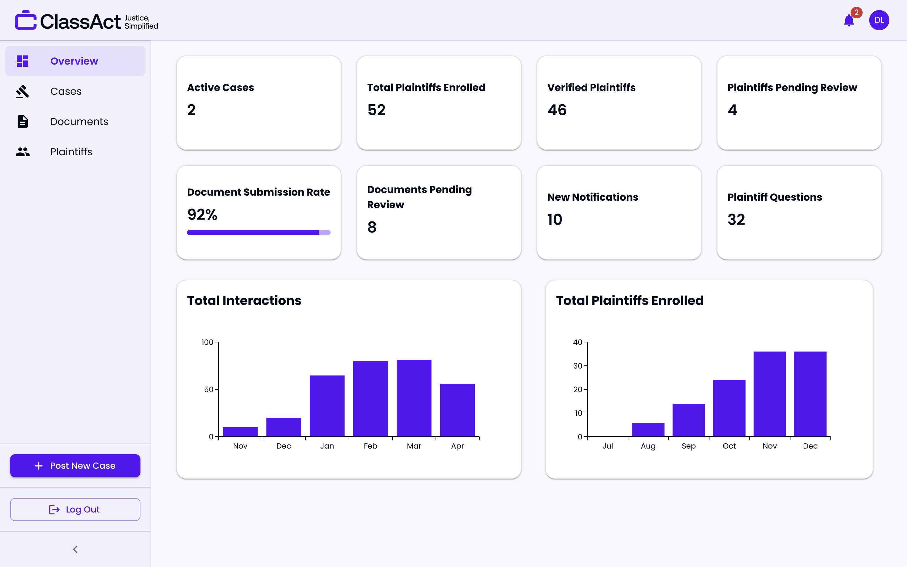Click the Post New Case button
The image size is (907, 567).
point(75,465)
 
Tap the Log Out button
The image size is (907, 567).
point(75,509)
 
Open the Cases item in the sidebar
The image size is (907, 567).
point(66,91)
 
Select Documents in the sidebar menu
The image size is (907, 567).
point(79,122)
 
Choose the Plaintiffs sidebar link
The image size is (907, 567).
point(71,152)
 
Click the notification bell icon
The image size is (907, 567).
point(848,20)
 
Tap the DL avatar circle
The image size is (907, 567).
point(879,20)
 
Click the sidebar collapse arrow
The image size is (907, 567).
point(75,549)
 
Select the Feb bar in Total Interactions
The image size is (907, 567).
point(370,398)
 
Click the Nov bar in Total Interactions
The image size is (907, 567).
point(240,432)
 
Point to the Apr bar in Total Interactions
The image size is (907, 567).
point(457,409)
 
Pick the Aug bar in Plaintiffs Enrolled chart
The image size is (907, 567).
point(648,429)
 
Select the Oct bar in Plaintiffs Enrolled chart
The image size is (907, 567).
point(729,408)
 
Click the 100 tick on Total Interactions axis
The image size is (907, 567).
point(207,342)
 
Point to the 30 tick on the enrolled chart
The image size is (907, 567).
point(578,366)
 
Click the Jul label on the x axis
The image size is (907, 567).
point(608,446)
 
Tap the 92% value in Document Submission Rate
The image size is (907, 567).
point(202,215)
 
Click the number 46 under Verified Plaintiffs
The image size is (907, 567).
point(556,110)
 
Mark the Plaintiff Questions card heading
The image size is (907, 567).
point(774,197)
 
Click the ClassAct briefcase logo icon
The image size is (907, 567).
point(26,20)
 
